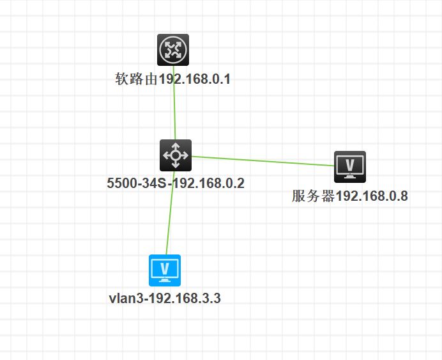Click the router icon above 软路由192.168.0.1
(x=173, y=50)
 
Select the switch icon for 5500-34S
(x=175, y=155)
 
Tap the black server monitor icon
(x=350, y=168)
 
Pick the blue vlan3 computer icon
(x=165, y=270)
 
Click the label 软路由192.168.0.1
(x=172, y=80)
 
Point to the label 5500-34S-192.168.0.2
(x=176, y=184)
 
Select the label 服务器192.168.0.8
(x=349, y=196)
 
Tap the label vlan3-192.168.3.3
(x=165, y=299)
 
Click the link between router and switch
(x=174, y=109)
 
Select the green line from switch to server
(x=262, y=160)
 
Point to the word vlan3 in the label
(x=126, y=299)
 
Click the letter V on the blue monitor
(x=165, y=267)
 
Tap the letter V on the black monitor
(x=350, y=164)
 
